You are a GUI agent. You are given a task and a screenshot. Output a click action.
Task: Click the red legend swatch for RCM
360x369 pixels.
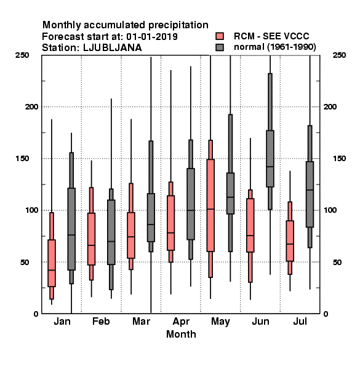pyautogui.click(x=220, y=36)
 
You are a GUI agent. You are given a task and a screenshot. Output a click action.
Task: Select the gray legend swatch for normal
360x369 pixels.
pyautogui.click(x=220, y=47)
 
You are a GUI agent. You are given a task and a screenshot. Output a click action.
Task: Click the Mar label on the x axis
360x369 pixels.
pyautogui.click(x=141, y=321)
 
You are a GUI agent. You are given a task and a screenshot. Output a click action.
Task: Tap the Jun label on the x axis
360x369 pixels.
pyautogui.click(x=260, y=321)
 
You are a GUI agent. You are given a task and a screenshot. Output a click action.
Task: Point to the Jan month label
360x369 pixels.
pyautogui.click(x=62, y=321)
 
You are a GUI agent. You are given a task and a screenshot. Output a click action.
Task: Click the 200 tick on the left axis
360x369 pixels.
pyautogui.click(x=31, y=106)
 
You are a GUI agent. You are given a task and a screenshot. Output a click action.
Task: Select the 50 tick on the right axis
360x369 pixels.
pyautogui.click(x=337, y=262)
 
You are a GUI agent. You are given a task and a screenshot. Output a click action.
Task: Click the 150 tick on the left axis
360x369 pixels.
pyautogui.click(x=22, y=159)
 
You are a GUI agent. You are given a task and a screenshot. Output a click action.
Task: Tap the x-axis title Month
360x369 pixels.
pyautogui.click(x=181, y=334)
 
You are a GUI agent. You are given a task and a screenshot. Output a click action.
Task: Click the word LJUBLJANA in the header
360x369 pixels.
pyautogui.click(x=113, y=48)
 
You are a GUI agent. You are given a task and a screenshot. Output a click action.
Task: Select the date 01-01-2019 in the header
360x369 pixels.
pyautogui.click(x=152, y=37)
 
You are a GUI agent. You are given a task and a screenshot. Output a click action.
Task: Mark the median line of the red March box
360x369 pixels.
pyautogui.click(x=131, y=237)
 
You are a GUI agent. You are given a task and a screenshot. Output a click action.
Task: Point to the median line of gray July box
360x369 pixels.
pyautogui.click(x=310, y=189)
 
